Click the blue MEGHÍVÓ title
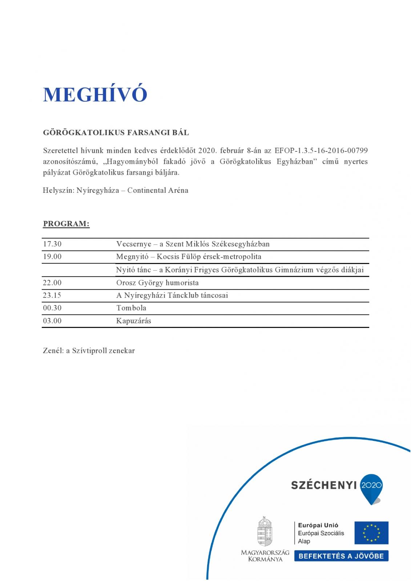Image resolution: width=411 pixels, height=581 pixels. coord(95,94)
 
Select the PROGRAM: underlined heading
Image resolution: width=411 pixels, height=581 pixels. coord(66,224)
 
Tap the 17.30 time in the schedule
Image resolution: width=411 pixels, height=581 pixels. coord(52,244)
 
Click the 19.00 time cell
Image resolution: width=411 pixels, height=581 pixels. coord(52,257)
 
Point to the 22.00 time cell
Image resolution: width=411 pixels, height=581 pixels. coord(52,283)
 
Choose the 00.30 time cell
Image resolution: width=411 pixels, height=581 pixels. coord(52,308)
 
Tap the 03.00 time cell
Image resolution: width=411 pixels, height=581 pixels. coord(52,321)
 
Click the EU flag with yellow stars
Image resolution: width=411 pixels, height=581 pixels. coord(371,533)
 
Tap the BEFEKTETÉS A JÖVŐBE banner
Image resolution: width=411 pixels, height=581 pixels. coord(341,556)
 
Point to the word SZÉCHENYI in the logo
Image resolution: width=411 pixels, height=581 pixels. coord(324,485)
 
